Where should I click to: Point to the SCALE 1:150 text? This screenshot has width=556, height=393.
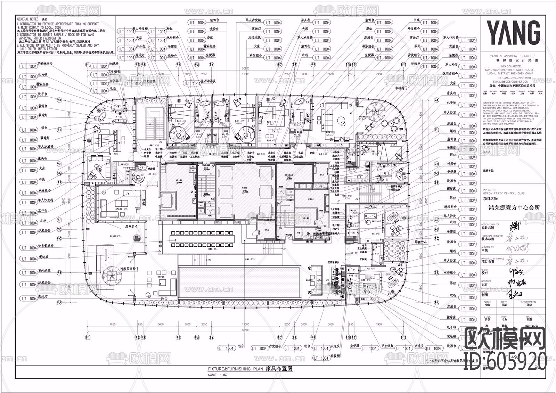(216, 375)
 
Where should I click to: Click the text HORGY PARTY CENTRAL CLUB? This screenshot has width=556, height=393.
(504, 193)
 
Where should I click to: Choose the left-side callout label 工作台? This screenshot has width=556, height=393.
(43, 211)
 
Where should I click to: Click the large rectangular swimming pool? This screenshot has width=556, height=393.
(240, 281)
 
